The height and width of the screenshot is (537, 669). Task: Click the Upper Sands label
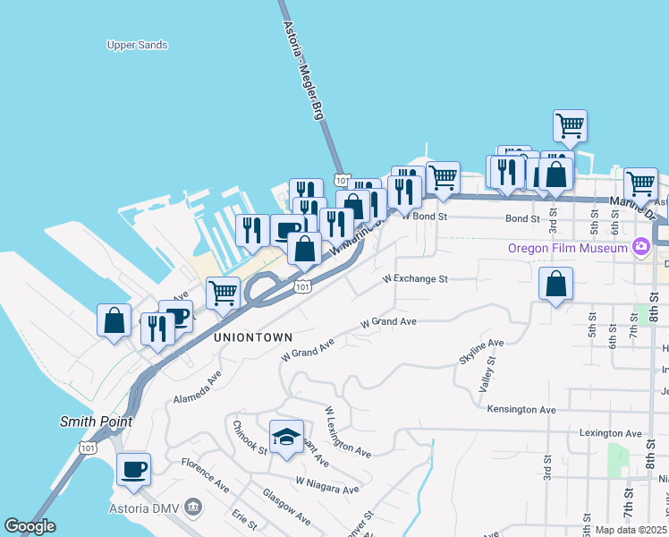pos(137,45)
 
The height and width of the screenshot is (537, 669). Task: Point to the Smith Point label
pos(96,421)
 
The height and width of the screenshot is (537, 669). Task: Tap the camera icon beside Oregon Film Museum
pos(639,246)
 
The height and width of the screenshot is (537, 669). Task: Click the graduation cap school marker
pos(286,438)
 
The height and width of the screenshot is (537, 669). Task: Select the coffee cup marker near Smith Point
pos(133,469)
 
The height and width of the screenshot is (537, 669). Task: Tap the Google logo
pos(30,526)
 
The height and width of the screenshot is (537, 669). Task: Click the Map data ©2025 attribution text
pos(629,530)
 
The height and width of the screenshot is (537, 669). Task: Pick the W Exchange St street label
pos(414,278)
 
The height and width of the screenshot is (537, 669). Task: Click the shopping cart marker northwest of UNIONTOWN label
pos(223,293)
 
